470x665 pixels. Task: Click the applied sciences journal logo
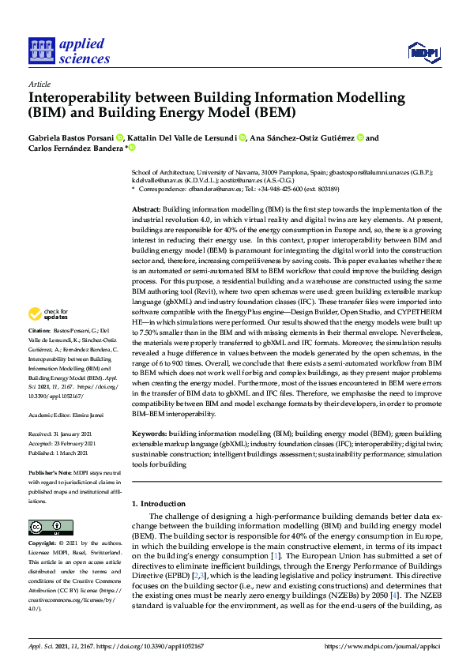click(69, 50)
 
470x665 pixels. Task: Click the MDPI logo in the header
click(423, 53)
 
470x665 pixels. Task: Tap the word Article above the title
click(39, 83)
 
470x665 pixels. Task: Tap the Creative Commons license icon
click(45, 528)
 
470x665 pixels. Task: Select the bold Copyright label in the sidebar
click(42, 544)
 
